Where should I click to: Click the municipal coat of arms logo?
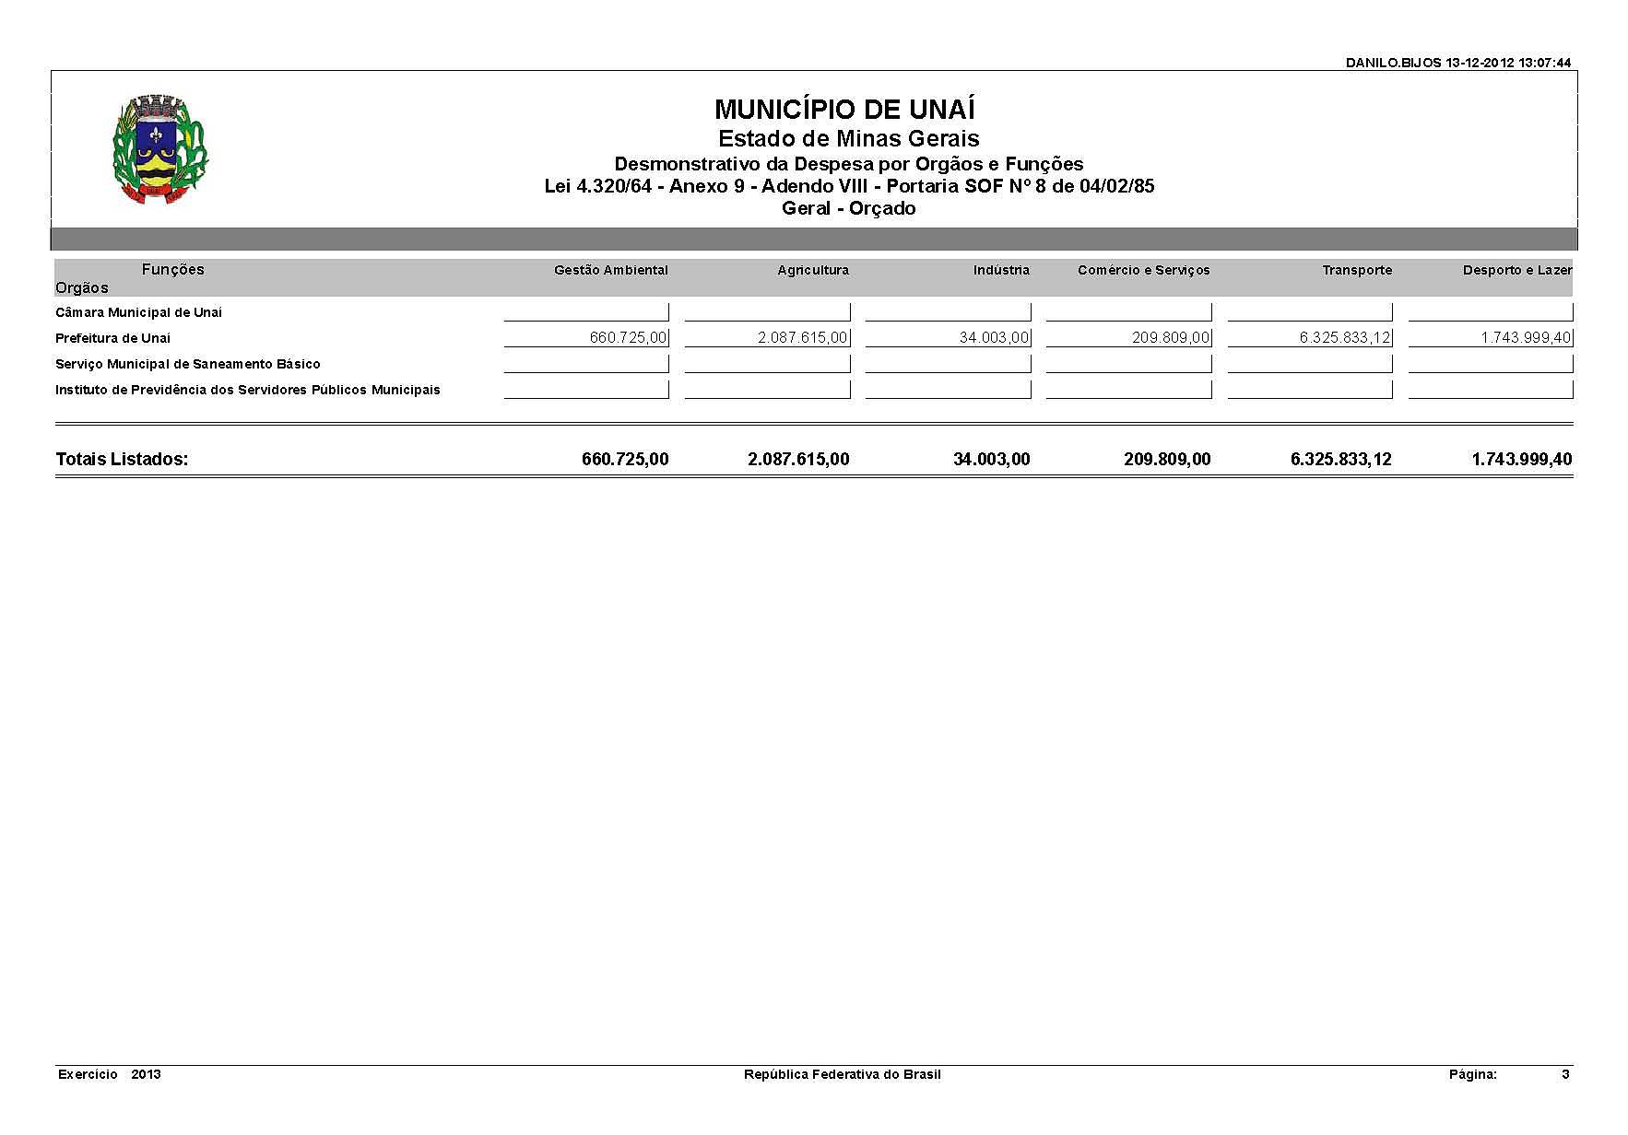[160, 148]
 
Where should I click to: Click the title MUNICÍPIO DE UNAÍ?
[844, 110]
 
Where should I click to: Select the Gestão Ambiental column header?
[610, 270]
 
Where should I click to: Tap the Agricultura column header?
[812, 270]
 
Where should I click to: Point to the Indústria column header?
[1001, 270]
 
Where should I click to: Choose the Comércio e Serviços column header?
[1143, 270]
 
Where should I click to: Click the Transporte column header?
[1356, 270]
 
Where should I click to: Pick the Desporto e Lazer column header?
[1516, 270]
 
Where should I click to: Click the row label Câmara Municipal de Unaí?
[138, 312]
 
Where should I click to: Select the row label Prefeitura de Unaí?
[112, 338]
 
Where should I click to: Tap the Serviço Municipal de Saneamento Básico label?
[187, 364]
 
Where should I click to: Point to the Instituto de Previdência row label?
[247, 390]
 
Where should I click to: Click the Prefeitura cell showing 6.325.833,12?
[1345, 338]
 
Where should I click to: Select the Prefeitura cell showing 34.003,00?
[994, 338]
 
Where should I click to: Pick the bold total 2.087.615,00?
[798, 459]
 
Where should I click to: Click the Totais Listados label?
[122, 459]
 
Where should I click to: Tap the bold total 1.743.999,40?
[1521, 459]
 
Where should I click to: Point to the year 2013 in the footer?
[146, 1074]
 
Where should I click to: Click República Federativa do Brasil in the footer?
[842, 1074]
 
